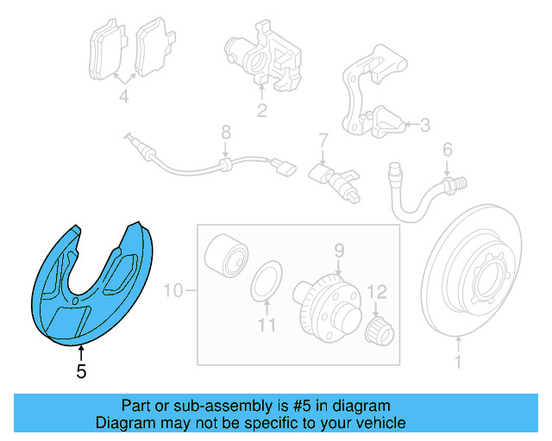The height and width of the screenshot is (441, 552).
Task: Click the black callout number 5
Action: pyautogui.click(x=81, y=371)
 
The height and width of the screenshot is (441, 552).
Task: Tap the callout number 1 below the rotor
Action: pyautogui.click(x=458, y=362)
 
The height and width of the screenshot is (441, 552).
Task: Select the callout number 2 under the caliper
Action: pyautogui.click(x=262, y=110)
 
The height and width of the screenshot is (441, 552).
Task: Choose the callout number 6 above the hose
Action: pyautogui.click(x=448, y=150)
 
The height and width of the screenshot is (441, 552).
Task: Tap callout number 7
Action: pyautogui.click(x=323, y=140)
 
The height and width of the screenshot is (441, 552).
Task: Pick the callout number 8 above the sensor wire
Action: pyautogui.click(x=226, y=133)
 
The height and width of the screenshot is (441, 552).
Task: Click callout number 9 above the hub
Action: pyautogui.click(x=339, y=251)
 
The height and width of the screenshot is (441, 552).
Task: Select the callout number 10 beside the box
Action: pyautogui.click(x=173, y=291)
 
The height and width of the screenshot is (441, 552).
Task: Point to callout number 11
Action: pyautogui.click(x=267, y=326)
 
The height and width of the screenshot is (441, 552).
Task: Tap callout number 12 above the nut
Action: pyautogui.click(x=377, y=292)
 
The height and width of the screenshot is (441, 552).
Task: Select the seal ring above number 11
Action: pyautogui.click(x=267, y=282)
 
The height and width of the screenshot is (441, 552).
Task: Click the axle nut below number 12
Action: pyautogui.click(x=379, y=331)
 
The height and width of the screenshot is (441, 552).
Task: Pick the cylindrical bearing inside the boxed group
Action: pyautogui.click(x=226, y=256)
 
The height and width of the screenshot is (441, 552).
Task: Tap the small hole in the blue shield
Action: pyautogui.click(x=75, y=301)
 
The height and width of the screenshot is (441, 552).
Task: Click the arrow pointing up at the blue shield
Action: pyautogui.click(x=81, y=354)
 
